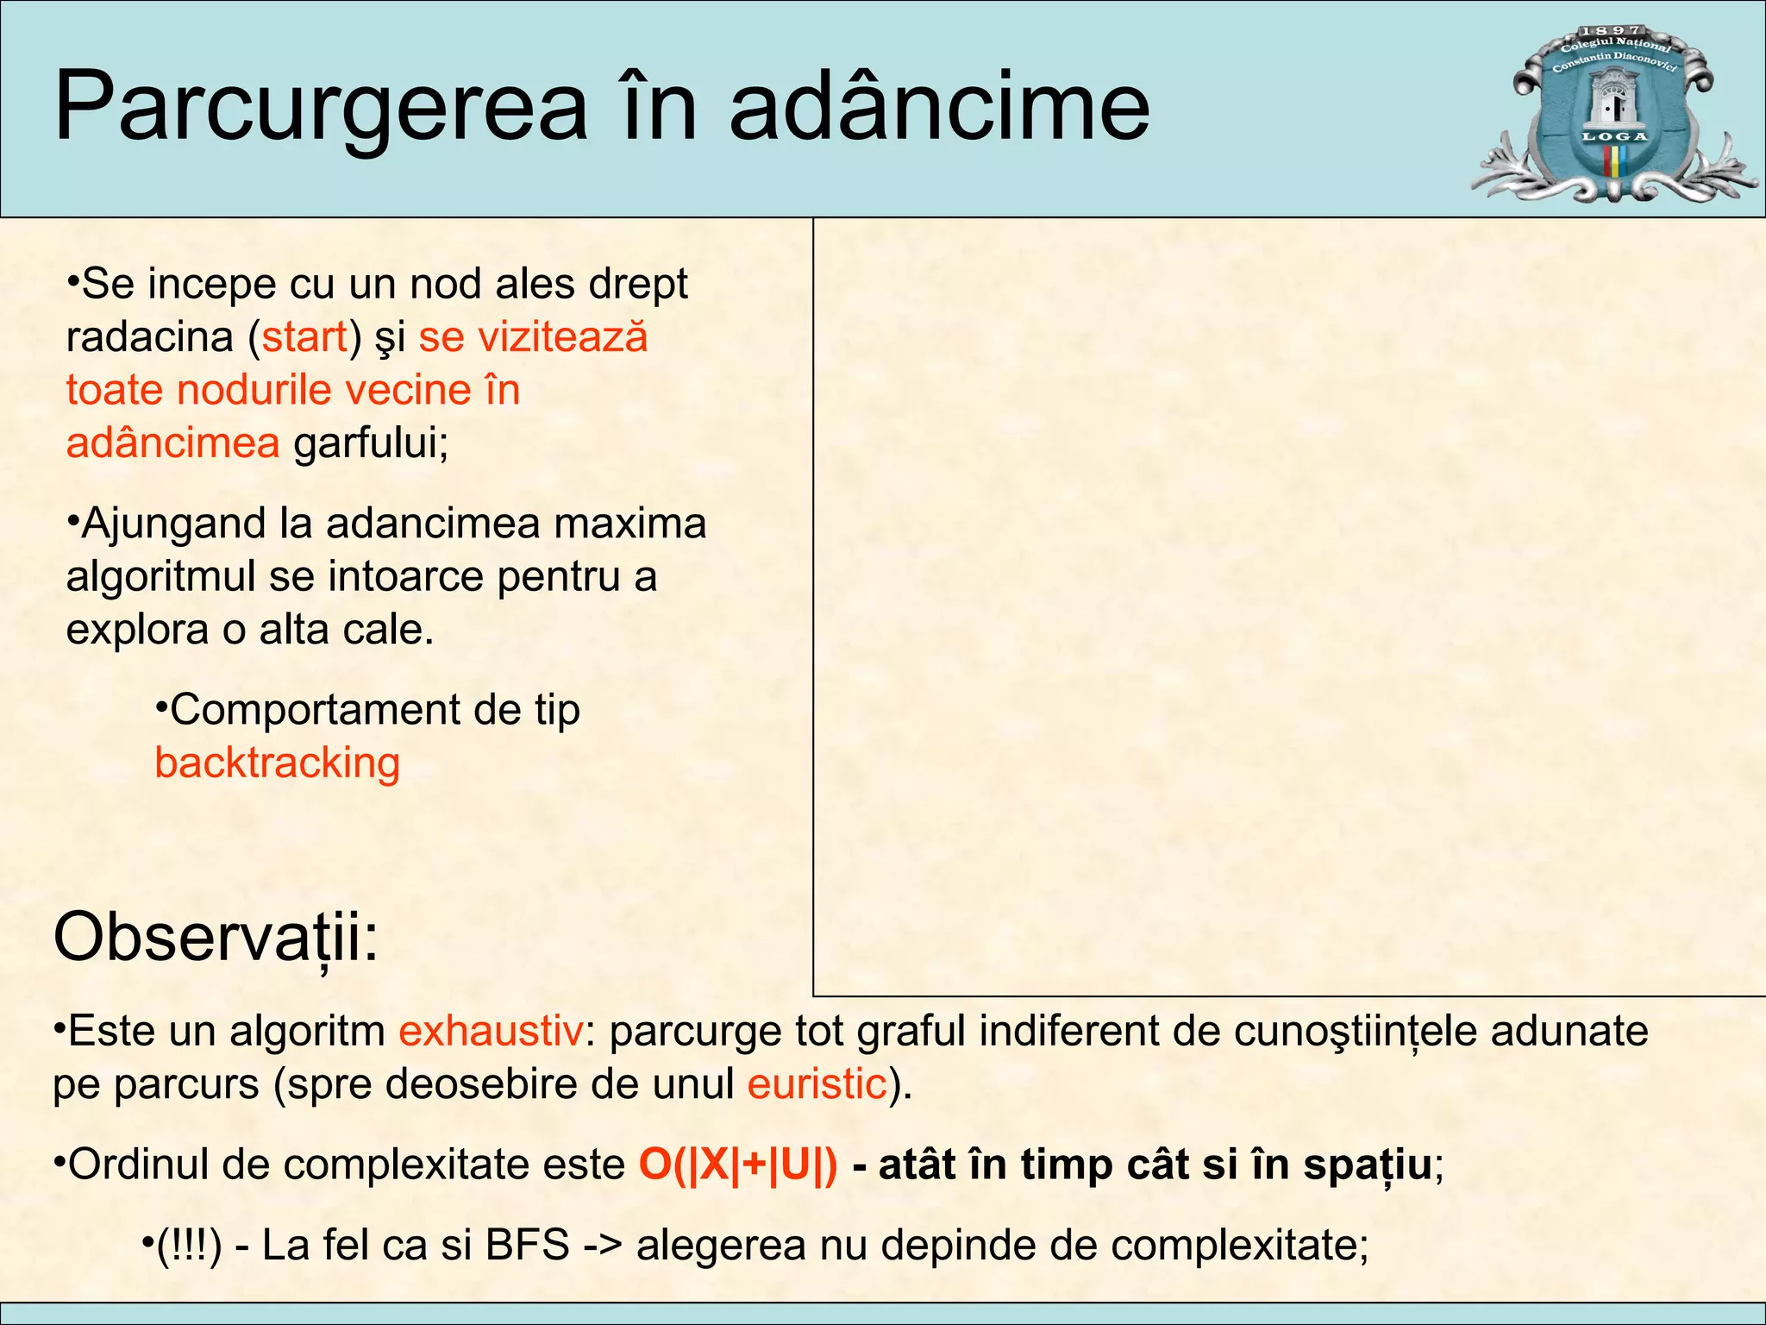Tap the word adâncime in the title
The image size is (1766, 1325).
pos(939,108)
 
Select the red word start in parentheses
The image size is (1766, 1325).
pos(304,336)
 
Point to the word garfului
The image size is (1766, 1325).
pos(371,443)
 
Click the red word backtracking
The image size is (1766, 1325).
pos(277,763)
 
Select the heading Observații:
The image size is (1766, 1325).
pos(216,938)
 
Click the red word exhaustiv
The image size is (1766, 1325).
pos(491,1031)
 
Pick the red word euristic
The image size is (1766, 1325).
pos(817,1083)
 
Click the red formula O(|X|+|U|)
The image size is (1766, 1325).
pos(738,1165)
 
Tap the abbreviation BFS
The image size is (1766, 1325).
pos(527,1245)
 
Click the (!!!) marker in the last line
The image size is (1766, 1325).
pos(189,1245)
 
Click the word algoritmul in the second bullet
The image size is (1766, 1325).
pos(160,576)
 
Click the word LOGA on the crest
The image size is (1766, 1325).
pos(1614,136)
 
